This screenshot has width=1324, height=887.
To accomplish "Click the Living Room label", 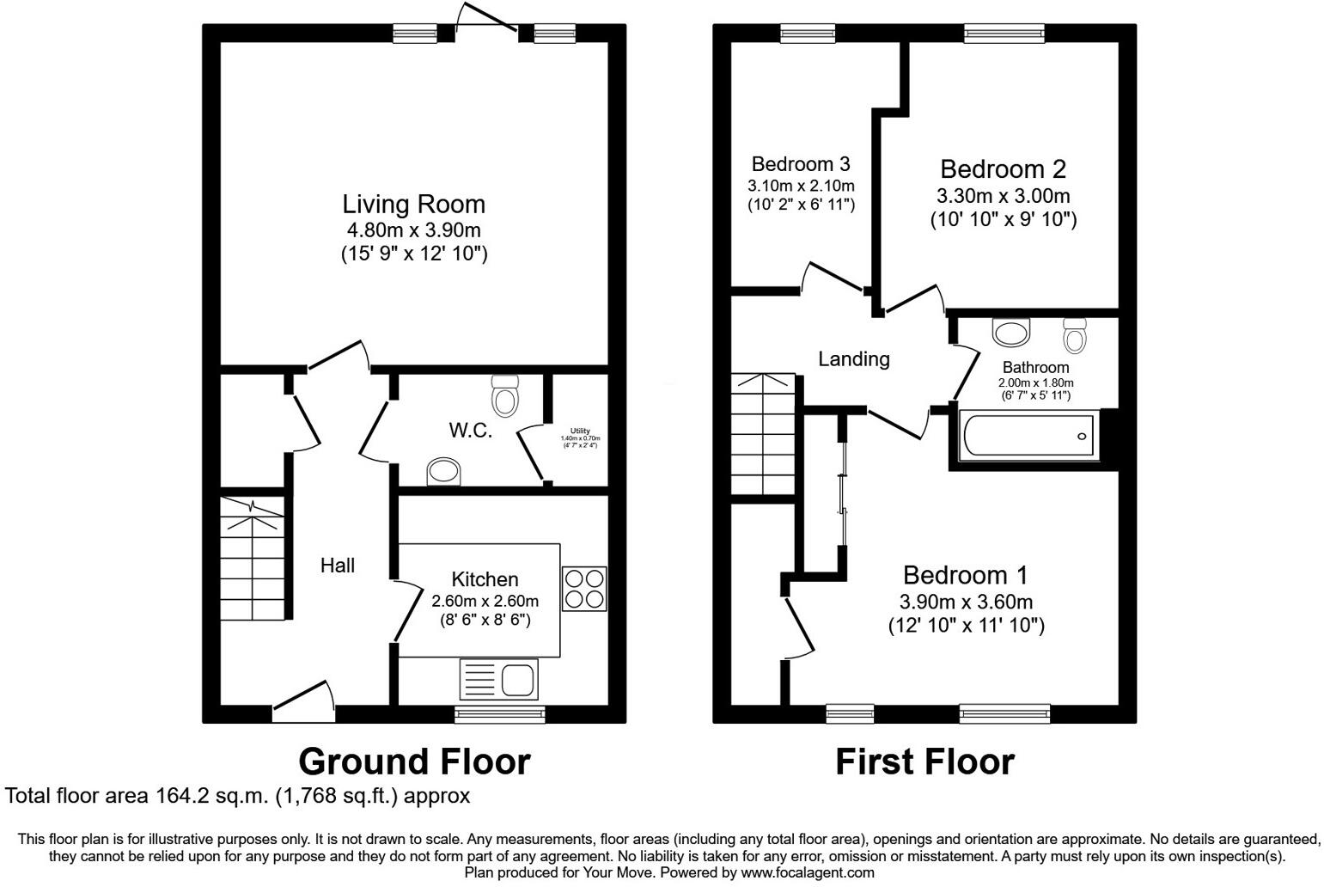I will click(x=413, y=205).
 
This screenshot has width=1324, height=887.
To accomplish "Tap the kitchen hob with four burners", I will click(x=584, y=589).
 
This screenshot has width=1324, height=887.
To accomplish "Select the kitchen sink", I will click(x=498, y=679).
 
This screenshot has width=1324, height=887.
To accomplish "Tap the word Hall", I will click(x=338, y=566).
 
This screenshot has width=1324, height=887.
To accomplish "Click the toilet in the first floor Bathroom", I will click(x=1075, y=334).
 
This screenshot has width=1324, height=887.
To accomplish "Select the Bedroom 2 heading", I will click(x=1003, y=168).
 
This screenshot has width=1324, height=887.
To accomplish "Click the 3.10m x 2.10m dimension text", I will click(x=801, y=186).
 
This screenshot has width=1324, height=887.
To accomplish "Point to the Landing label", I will click(x=853, y=359).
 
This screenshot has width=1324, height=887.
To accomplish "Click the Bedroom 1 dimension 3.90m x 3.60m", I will click(x=966, y=602).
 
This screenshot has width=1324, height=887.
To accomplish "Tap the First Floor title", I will click(x=924, y=762).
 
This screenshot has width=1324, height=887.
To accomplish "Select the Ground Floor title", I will click(x=414, y=762).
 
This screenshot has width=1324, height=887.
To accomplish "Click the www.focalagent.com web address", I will click(x=807, y=872).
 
